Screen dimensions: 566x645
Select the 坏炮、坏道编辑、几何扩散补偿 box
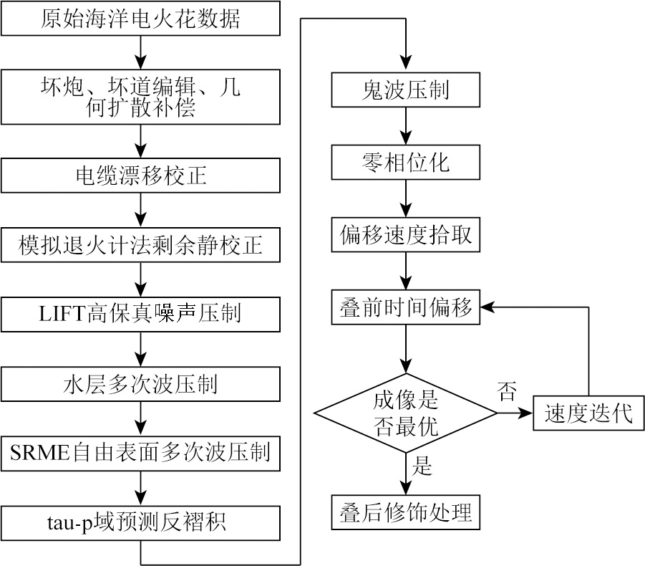(x=140, y=97)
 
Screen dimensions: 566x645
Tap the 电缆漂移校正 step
(x=140, y=174)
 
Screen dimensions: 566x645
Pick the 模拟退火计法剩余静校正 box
(x=140, y=245)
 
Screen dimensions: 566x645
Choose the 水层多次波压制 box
(x=140, y=385)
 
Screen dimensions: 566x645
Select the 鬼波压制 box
(x=406, y=91)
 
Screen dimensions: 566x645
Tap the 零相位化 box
(x=406, y=163)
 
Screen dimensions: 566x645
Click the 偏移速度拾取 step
(x=406, y=235)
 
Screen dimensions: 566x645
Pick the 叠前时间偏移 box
(x=406, y=307)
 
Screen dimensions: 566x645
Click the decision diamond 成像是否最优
(x=406, y=413)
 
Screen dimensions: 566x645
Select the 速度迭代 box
(x=588, y=413)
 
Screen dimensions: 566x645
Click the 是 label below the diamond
(x=422, y=467)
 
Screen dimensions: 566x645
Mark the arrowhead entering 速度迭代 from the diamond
(x=528, y=413)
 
